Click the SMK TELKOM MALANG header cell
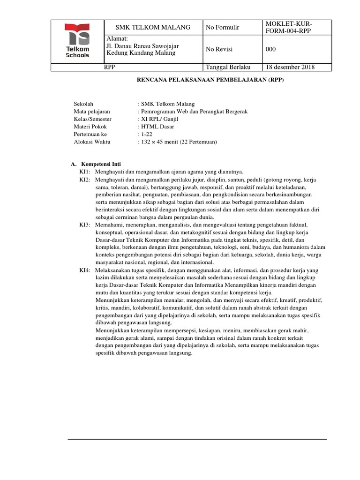point(147,28)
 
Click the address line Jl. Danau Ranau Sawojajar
point(143,46)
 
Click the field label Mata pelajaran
point(92,112)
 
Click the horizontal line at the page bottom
point(197,440)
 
